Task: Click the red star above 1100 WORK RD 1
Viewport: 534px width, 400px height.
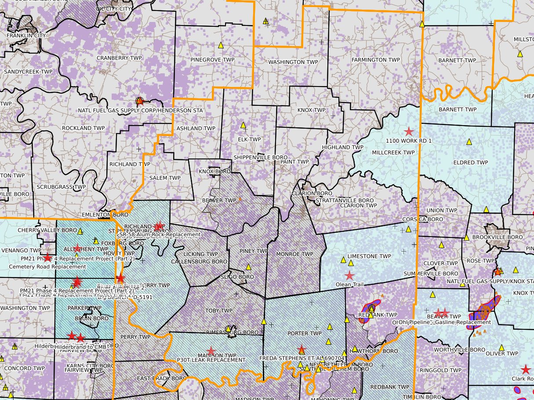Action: pos(409,131)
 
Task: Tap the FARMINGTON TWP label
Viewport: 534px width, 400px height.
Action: pos(375,60)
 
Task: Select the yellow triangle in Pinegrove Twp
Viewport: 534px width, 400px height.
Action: pos(221,45)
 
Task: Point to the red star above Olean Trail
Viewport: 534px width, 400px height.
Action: pos(349,276)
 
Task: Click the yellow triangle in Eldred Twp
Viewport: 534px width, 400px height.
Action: pos(469,142)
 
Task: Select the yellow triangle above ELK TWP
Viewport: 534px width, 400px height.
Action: pos(243,126)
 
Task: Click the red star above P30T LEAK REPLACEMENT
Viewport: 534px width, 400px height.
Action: pos(211,351)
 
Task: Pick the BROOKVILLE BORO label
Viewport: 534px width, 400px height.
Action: pos(498,237)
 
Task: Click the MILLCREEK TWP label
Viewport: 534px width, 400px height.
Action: pos(393,152)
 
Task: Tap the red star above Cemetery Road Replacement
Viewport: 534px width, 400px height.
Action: pos(47,258)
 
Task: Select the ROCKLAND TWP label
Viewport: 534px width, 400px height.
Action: pos(83,128)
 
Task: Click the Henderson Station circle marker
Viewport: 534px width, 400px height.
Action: pos(140,101)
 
